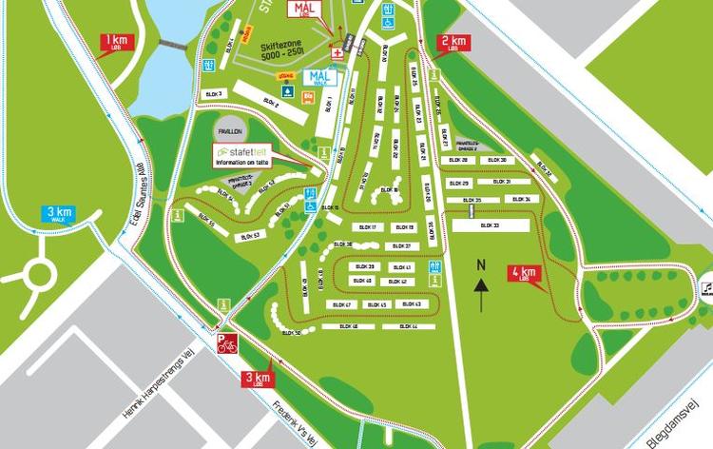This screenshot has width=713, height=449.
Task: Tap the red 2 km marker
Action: tap(453, 42)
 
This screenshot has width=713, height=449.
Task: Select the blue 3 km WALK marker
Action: tap(59, 214)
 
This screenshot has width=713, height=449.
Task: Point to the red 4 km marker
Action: tap(524, 273)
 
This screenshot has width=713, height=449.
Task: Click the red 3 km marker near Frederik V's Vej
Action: tap(258, 379)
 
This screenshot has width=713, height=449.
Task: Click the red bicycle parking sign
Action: tap(226, 343)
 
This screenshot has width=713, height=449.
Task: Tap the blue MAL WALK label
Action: tap(319, 79)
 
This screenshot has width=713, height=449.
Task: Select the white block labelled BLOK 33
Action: tap(490, 225)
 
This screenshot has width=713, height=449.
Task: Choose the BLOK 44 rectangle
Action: tap(409, 326)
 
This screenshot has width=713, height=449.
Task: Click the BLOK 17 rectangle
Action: tap(366, 227)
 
